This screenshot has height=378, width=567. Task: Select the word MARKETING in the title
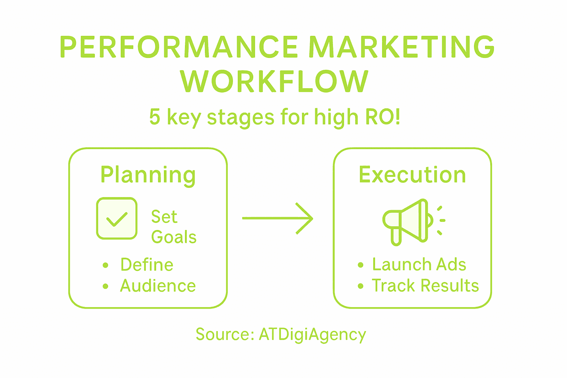click(x=401, y=47)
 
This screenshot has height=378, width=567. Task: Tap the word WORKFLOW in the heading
click(x=274, y=82)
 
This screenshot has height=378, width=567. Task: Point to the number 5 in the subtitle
click(x=155, y=117)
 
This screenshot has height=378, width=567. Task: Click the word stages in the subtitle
click(x=240, y=118)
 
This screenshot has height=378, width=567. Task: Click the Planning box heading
click(x=148, y=175)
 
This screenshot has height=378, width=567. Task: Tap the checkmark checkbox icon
click(x=117, y=219)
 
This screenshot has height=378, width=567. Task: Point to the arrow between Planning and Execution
click(x=278, y=219)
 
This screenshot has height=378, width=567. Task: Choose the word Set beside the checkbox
click(x=164, y=217)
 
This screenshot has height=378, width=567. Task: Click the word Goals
click(x=174, y=237)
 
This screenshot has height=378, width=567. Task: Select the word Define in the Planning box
click(x=147, y=265)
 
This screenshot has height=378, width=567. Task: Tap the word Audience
click(x=158, y=286)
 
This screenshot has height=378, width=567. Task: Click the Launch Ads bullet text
click(x=419, y=265)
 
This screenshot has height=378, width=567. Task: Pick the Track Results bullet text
click(x=425, y=286)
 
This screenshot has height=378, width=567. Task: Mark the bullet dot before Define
click(x=106, y=265)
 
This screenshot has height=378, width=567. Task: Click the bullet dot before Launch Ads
click(x=361, y=265)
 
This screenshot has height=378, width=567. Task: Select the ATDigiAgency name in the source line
click(x=312, y=334)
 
